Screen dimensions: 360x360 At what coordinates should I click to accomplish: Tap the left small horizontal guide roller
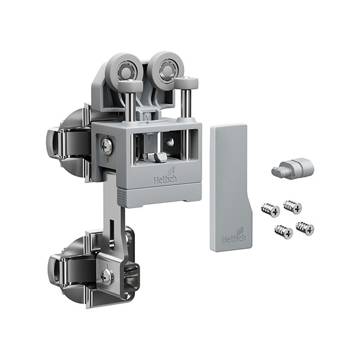[130, 85]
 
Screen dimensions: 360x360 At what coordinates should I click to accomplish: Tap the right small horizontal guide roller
[187, 82]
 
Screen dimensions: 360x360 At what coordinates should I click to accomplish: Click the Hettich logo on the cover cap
[233, 236]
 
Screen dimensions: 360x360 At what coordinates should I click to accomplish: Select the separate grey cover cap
[230, 188]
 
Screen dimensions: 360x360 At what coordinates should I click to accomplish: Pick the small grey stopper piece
[293, 168]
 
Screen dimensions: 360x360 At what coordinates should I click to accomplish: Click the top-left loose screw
[271, 210]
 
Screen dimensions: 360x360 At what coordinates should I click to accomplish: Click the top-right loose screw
[293, 206]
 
